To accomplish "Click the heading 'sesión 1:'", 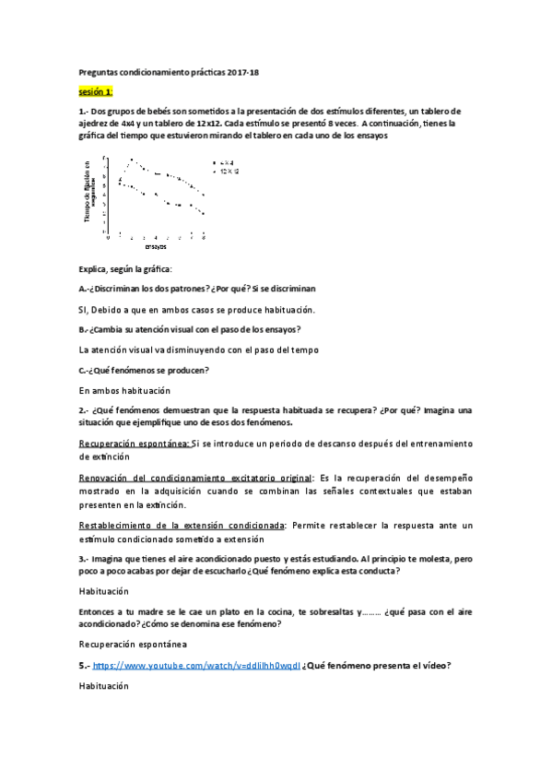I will point(96,92).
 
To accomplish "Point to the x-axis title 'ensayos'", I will point(156,246).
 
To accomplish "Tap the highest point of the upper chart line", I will point(132,159).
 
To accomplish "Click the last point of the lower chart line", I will point(203,214).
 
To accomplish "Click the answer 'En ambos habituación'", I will point(120,391).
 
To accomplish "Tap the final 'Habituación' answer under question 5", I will point(104,687).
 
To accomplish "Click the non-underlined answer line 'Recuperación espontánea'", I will point(133,644).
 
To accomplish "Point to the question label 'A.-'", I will point(84,288).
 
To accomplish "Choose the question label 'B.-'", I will point(84,329).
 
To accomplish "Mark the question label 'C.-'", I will point(84,370).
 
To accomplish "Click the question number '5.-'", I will point(84,666).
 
